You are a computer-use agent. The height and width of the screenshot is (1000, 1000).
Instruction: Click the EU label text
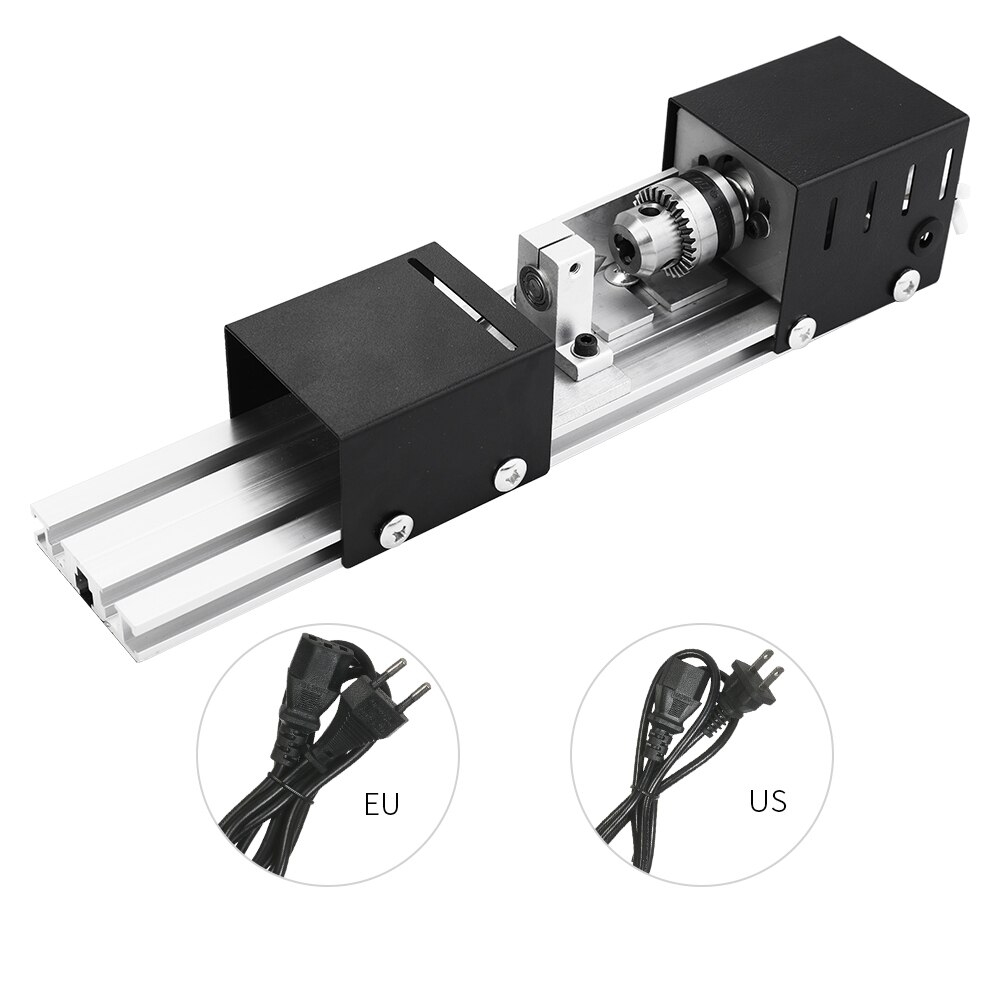point(381,805)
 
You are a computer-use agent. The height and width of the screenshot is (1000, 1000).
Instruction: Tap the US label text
point(767,800)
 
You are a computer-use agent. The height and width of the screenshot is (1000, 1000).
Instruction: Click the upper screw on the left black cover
point(510,472)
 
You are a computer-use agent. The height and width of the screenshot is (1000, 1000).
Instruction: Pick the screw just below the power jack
point(907,282)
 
